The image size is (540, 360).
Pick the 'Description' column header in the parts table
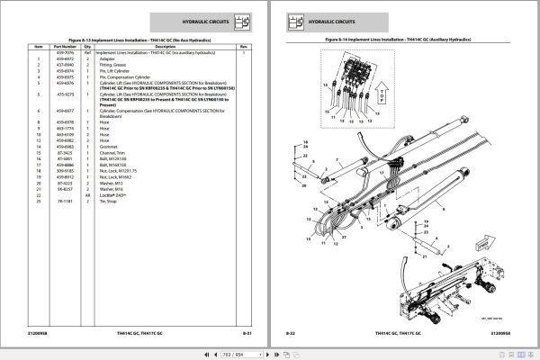point(166,46)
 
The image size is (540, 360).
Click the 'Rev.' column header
point(244,46)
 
